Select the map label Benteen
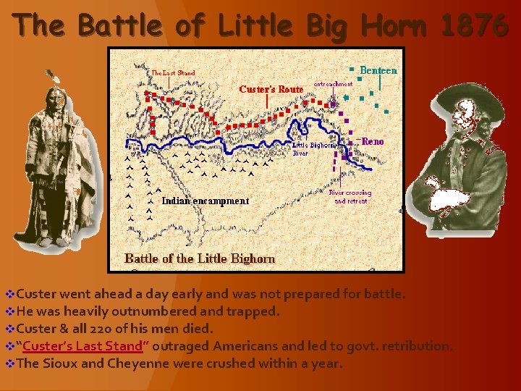click(x=378, y=70)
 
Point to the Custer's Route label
click(x=271, y=89)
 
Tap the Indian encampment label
click(x=205, y=201)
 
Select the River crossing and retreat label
click(x=350, y=197)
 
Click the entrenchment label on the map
click(x=333, y=84)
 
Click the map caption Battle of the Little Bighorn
click(x=200, y=258)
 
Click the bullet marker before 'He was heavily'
click(x=9, y=311)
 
